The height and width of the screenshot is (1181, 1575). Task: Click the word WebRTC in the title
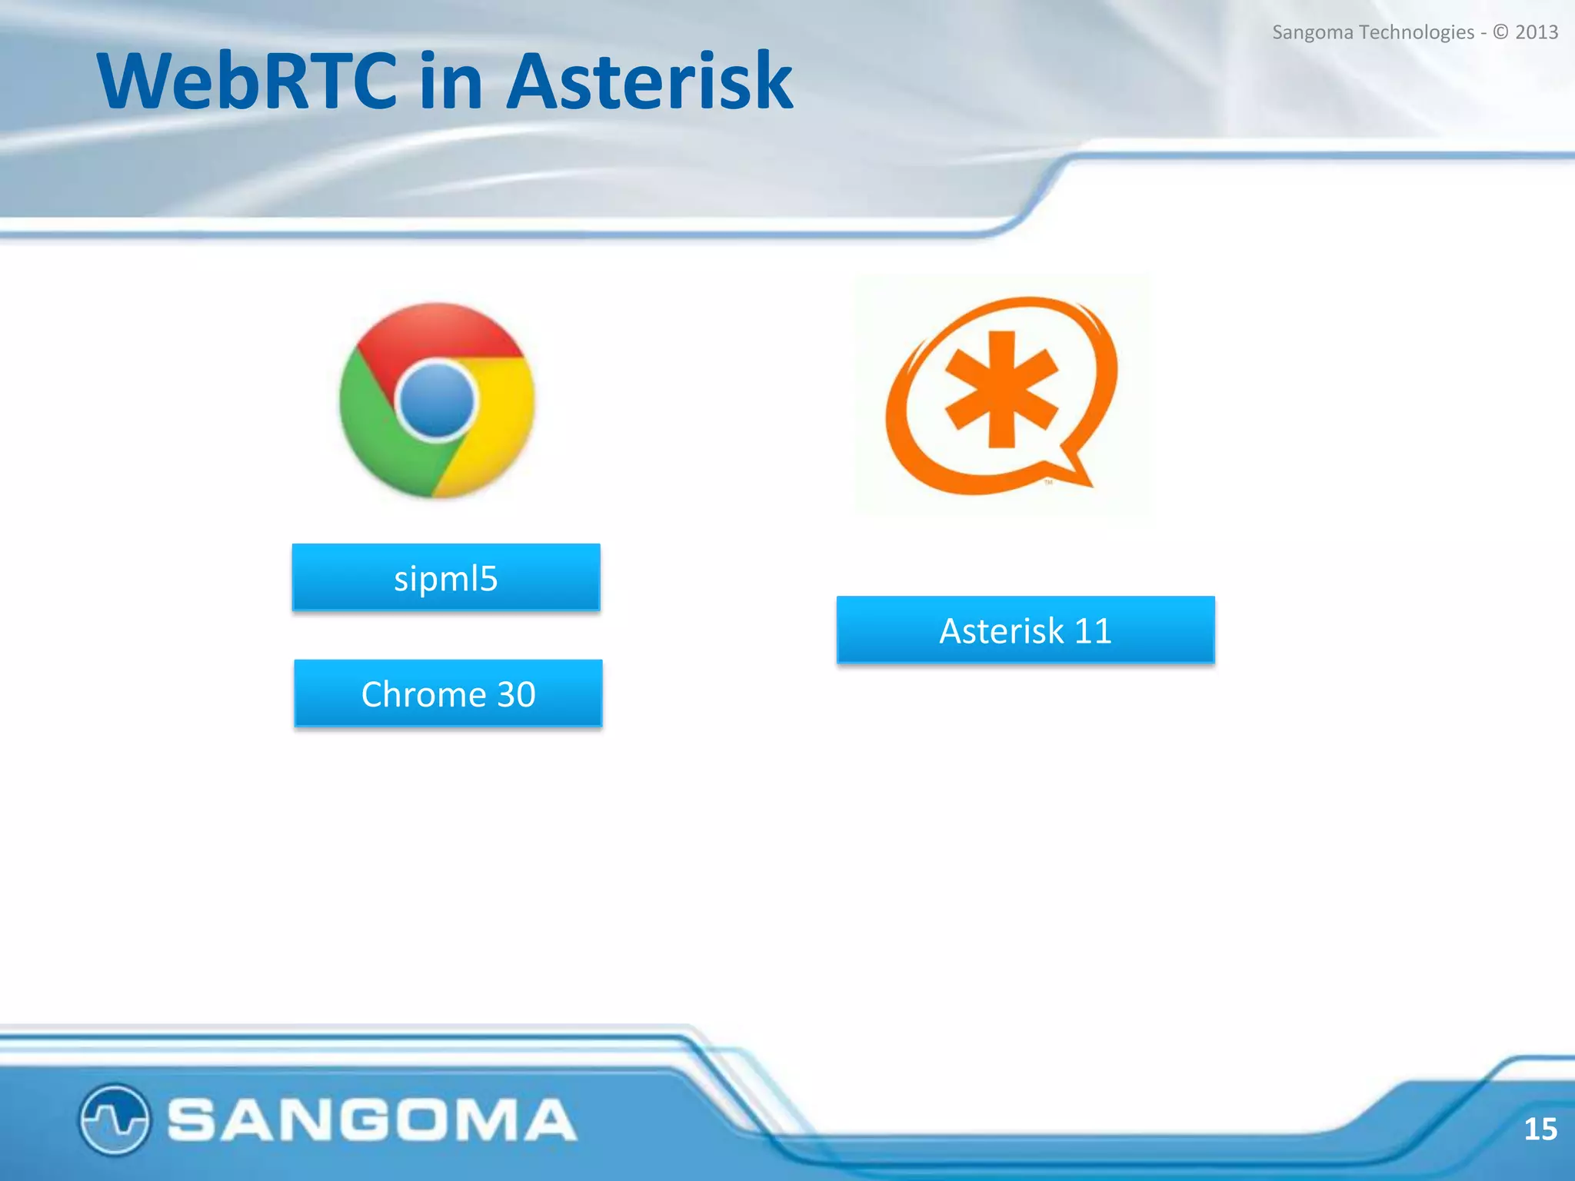[246, 81]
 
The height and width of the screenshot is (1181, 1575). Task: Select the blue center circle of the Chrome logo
[437, 401]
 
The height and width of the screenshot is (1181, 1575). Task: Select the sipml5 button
[446, 578]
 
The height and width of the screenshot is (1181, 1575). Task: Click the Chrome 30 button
[448, 694]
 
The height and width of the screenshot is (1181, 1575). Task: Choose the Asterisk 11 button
[1025, 630]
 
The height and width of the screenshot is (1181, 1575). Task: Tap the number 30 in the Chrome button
[516, 694]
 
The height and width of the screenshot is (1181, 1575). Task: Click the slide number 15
[1540, 1129]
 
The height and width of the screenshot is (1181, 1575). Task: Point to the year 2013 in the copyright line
[1537, 32]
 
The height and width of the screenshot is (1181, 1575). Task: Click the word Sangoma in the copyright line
[1312, 33]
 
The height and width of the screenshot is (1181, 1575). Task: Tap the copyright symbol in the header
[1500, 32]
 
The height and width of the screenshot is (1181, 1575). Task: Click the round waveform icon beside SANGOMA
[114, 1119]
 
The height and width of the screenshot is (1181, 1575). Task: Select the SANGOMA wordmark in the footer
[371, 1119]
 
